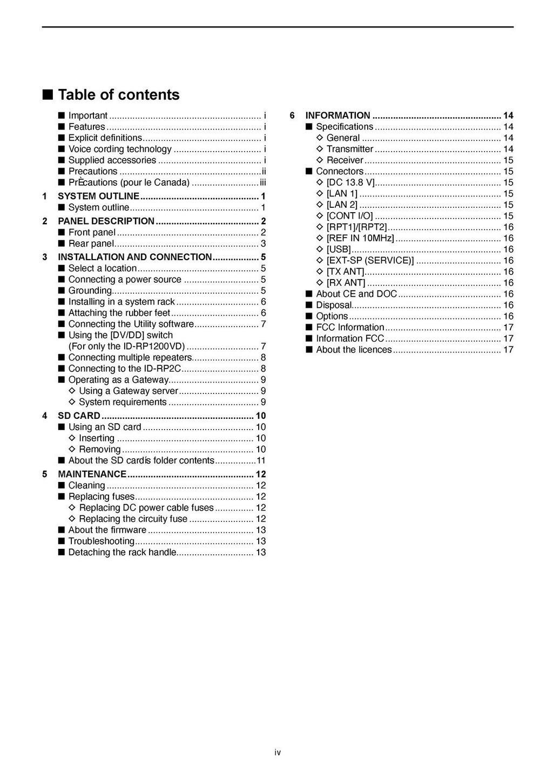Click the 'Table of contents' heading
(x=118, y=95)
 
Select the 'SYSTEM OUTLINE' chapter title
(x=98, y=196)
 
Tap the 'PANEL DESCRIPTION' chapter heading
(x=106, y=221)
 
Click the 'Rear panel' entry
(x=91, y=244)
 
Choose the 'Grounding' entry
(x=90, y=291)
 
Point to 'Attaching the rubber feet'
(x=119, y=313)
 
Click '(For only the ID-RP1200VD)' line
(x=126, y=346)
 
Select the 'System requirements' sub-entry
(x=123, y=402)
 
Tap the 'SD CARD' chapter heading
(x=79, y=416)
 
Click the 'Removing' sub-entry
(x=100, y=450)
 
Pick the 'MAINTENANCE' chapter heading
(x=92, y=474)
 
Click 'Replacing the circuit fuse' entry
(x=133, y=519)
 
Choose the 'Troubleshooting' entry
(x=102, y=541)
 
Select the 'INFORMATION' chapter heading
(x=338, y=115)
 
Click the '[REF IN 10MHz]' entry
(x=360, y=239)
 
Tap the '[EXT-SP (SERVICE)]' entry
(x=370, y=261)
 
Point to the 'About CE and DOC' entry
(x=356, y=294)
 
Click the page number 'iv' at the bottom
(x=278, y=753)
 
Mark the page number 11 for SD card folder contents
(x=261, y=461)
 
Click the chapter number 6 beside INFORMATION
(x=292, y=115)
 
